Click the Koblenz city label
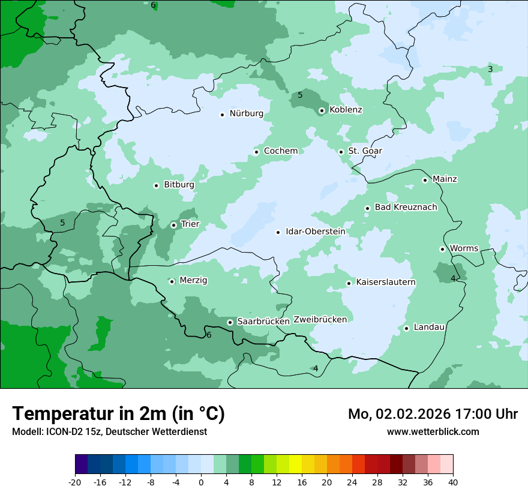coord(346,110)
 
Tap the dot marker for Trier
coord(173,225)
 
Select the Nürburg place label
coord(246,113)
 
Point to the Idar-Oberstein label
coord(315,232)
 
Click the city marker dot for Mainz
coord(425,180)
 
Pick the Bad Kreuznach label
coord(406,207)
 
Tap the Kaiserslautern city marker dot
coord(349,283)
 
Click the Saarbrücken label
coord(263,322)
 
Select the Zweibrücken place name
coord(320,320)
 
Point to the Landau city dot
coord(406,328)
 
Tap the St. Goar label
coord(365,151)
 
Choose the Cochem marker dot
coord(256,152)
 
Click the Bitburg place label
coord(179,185)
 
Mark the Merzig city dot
coord(172,281)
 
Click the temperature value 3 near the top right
coord(490,70)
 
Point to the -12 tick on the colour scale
coord(125,482)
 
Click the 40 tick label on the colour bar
coord(452,482)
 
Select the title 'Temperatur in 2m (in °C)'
coord(118,413)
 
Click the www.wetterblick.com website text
coord(433,431)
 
